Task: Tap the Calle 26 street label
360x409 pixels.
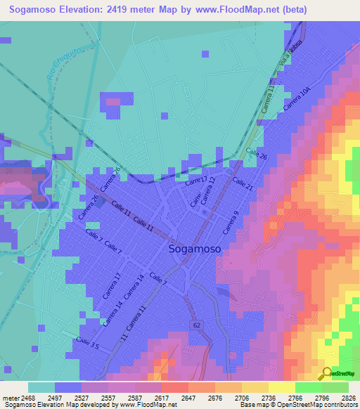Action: (x=259, y=156)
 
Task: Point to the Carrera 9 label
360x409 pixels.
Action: (x=231, y=222)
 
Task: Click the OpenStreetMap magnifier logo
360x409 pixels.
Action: (x=326, y=375)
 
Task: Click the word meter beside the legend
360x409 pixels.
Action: (x=10, y=397)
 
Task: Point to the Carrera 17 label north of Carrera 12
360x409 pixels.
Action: (x=196, y=181)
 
